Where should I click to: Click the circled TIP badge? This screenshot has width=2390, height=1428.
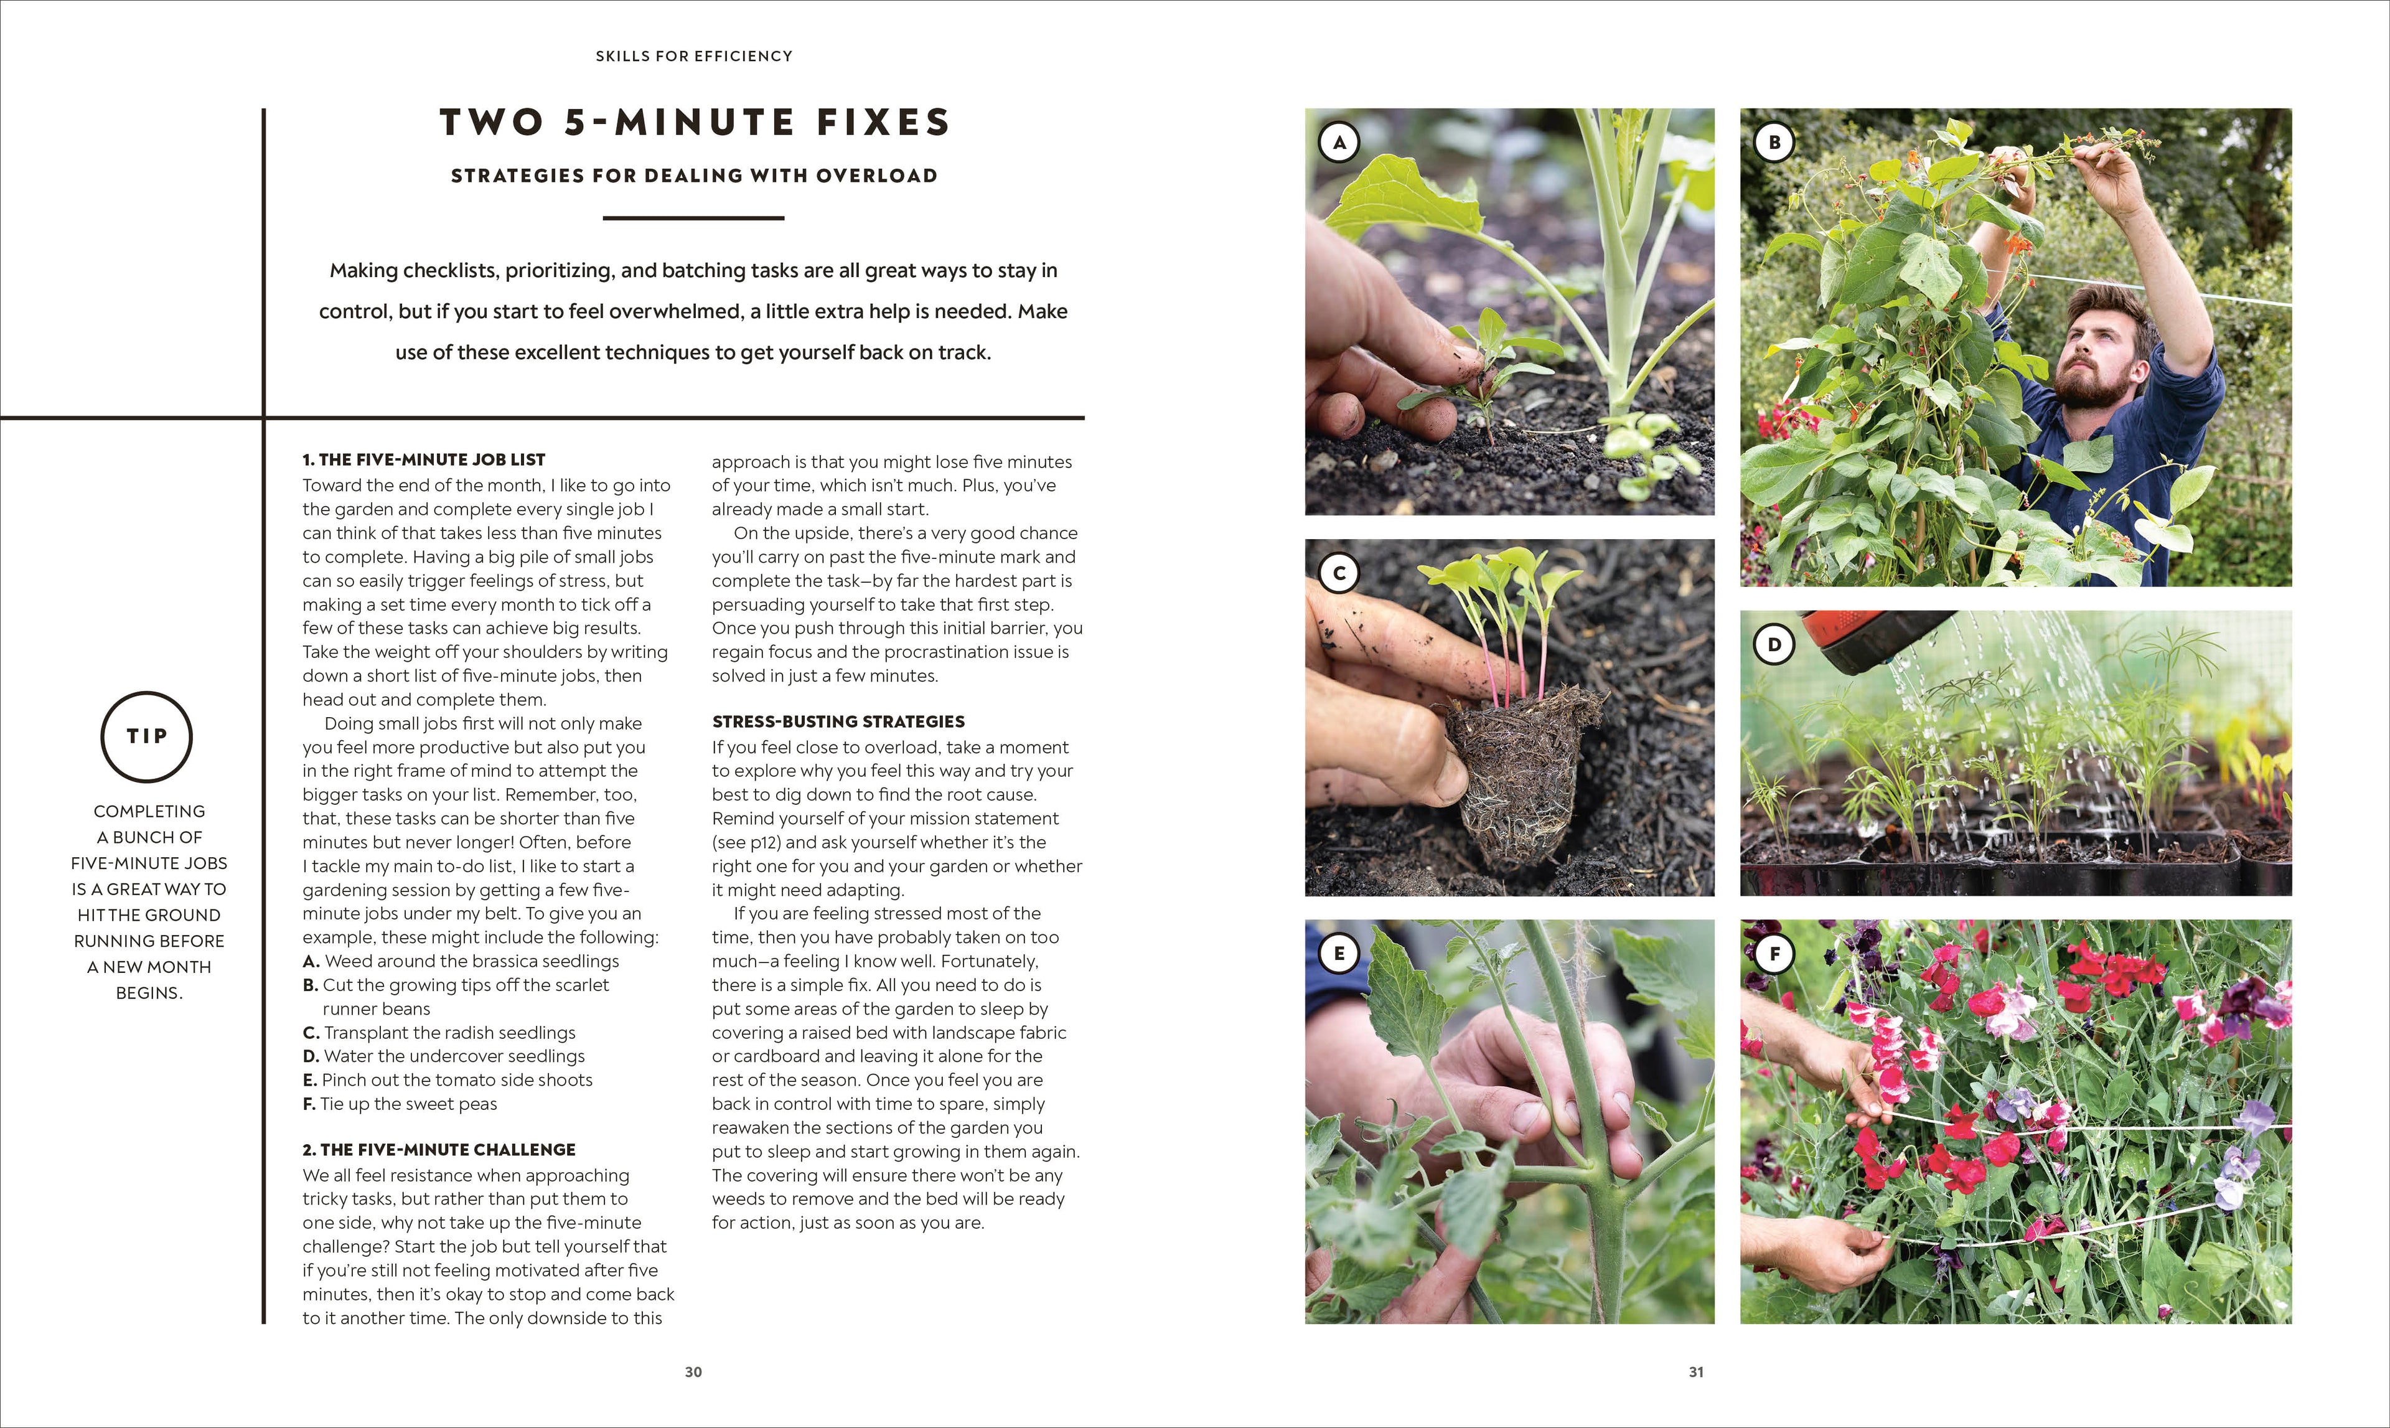pos(148,736)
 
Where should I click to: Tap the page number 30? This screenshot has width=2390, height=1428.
pos(693,1372)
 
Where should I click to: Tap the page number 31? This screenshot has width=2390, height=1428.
pos(1696,1372)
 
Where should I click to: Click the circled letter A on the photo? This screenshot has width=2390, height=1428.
pos(1338,143)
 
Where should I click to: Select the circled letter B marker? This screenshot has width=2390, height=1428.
pos(1774,143)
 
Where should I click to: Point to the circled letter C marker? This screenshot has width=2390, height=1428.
pos(1338,573)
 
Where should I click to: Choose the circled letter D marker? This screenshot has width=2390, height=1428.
pos(1774,645)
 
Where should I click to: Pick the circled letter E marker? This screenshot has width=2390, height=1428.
pos(1338,954)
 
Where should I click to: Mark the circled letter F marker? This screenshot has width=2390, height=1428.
pos(1774,954)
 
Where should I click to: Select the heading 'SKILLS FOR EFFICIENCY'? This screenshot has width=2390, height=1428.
pos(694,56)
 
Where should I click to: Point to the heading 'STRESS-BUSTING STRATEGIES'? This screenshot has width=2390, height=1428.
pos(838,721)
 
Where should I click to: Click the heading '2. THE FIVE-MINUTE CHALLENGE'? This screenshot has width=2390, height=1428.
pos(439,1150)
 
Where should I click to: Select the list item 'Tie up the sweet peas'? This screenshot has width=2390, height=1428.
pos(408,1104)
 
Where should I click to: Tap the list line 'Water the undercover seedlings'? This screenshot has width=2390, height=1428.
pos(453,1056)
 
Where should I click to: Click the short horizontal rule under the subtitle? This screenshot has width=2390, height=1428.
pos(694,218)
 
